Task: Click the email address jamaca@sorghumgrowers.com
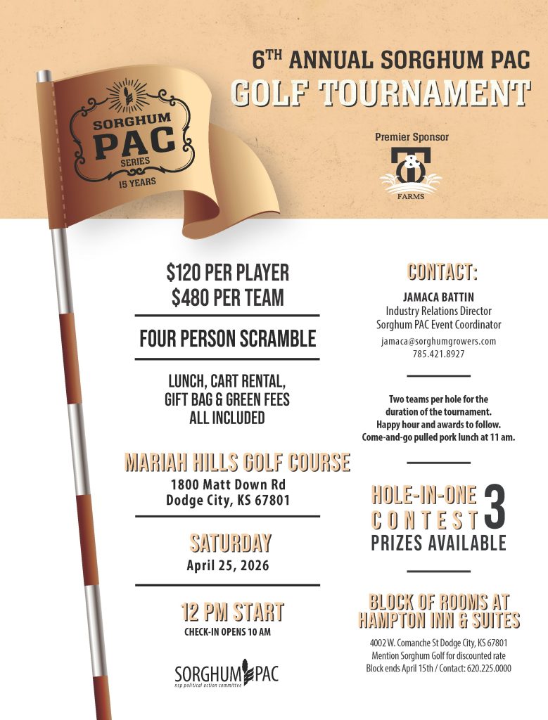point(438,341)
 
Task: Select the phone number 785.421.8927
point(438,354)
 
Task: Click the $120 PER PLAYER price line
point(228,273)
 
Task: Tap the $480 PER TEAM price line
point(228,297)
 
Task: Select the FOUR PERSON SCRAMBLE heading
point(228,339)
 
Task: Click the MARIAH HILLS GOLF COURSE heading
point(237,463)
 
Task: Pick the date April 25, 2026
point(228,565)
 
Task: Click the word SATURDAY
point(230,543)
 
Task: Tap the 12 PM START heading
point(233,612)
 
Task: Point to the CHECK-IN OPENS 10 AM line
point(227,631)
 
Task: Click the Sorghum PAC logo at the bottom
point(227,674)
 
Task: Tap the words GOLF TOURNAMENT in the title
point(381,94)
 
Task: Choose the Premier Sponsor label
point(412,137)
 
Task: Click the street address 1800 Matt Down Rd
point(228,485)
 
